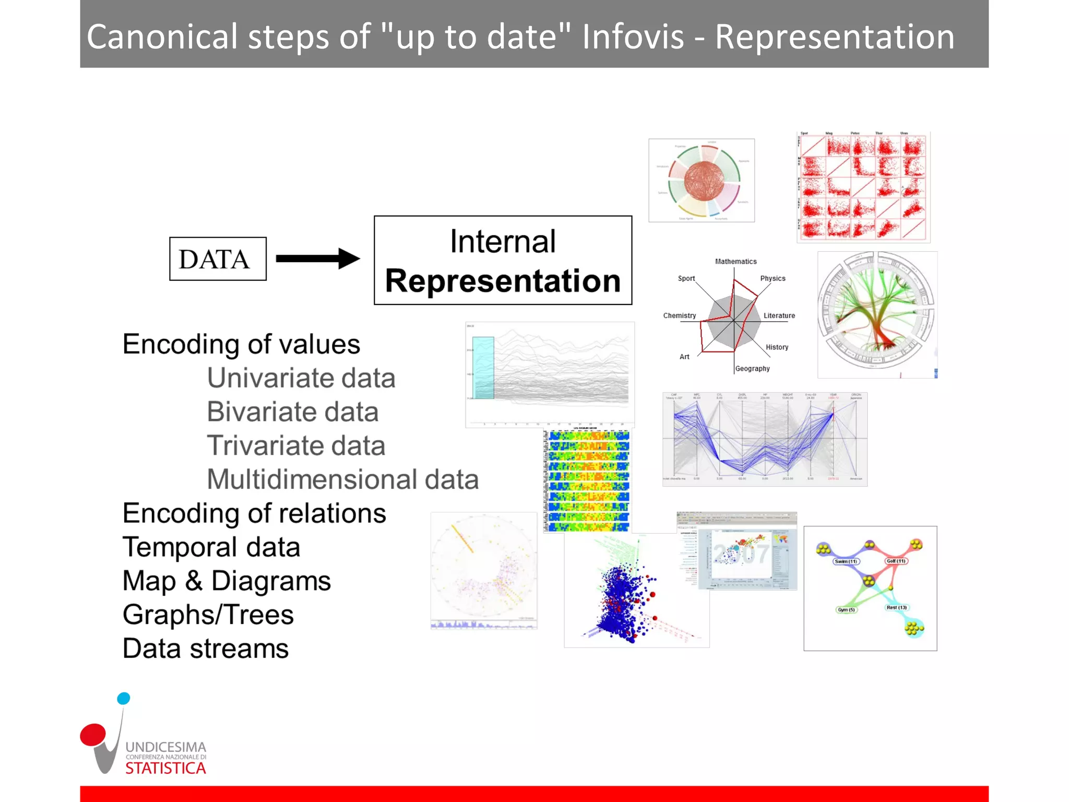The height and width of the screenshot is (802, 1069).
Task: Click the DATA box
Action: point(218,259)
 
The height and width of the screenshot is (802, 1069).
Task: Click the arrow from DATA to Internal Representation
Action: point(317,258)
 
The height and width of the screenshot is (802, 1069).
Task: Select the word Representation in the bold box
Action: point(503,281)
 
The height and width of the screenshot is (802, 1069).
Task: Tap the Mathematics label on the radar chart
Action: point(735,261)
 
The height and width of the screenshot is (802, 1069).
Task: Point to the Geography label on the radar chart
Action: point(752,369)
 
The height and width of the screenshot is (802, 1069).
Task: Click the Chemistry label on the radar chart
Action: point(679,315)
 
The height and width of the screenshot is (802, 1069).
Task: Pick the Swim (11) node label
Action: point(846,561)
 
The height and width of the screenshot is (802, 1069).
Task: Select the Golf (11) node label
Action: point(896,561)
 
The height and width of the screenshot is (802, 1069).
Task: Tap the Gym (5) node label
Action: point(846,609)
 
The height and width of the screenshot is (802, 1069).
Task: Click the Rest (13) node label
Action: point(897,607)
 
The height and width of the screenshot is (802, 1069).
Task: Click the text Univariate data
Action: point(301,378)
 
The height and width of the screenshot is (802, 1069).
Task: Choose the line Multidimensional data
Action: point(342,479)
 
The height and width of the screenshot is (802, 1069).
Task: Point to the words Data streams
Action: point(205,648)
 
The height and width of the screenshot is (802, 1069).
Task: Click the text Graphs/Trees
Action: point(208,615)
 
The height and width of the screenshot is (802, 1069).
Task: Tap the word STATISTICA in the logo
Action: point(165,768)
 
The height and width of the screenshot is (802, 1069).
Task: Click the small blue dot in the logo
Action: point(124,698)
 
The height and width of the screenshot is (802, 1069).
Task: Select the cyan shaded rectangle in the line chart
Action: point(483,368)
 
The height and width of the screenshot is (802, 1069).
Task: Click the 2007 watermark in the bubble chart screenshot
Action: point(741,554)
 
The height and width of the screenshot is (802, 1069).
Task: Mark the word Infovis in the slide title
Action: point(633,37)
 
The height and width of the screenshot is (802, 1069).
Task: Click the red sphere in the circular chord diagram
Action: point(704,181)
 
